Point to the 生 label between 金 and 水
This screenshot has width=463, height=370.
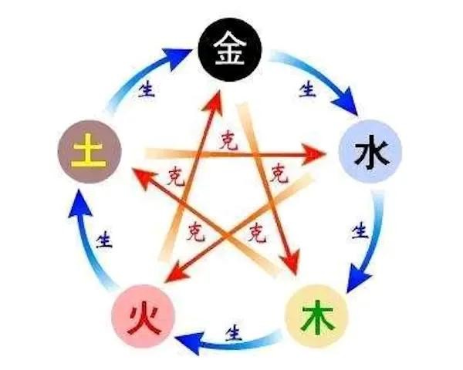pos(308,88)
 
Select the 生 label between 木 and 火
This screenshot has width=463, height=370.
pos(231,333)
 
